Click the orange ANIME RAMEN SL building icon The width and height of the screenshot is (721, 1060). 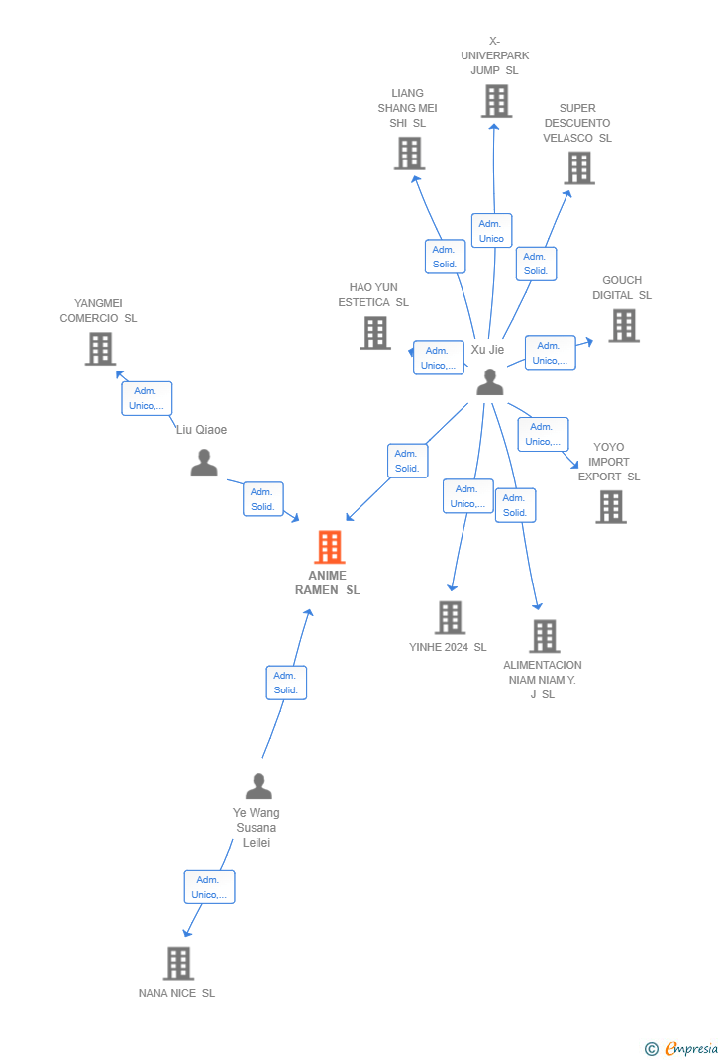329,547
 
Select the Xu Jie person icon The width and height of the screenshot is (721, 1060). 489,381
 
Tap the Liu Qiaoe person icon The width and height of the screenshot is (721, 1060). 204,463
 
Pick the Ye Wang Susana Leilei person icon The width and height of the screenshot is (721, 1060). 258,787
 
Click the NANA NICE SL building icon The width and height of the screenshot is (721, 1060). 178,963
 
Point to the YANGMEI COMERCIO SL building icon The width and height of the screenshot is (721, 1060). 100,349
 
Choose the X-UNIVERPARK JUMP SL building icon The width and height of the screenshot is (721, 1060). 496,101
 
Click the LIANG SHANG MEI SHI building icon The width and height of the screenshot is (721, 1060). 409,154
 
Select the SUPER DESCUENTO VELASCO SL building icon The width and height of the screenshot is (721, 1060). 579,168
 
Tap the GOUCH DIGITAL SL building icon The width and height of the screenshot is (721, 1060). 623,325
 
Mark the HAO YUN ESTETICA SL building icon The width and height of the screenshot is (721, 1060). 375,333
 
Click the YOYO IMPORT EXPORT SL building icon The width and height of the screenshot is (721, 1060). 611,507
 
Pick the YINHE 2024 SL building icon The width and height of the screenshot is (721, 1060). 450,617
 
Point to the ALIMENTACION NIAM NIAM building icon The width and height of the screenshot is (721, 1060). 544,636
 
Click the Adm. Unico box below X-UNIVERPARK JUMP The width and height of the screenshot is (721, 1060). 491,231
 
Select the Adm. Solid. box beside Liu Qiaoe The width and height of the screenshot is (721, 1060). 263,499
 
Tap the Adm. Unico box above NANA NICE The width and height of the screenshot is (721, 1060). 209,887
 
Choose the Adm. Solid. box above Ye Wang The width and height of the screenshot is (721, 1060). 286,683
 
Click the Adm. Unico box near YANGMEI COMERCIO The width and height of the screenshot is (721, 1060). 147,398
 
